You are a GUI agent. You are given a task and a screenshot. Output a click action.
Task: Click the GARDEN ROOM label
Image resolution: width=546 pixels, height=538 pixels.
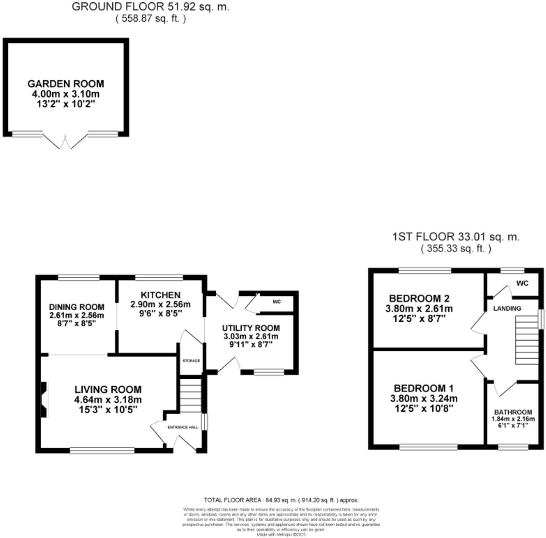click(66, 84)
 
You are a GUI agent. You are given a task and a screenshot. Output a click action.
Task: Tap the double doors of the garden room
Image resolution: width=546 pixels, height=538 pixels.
click(65, 141)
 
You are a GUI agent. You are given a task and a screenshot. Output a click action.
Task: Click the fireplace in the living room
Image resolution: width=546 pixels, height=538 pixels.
click(44, 399)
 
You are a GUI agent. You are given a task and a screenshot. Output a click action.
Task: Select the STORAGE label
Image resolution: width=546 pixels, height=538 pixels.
click(191, 361)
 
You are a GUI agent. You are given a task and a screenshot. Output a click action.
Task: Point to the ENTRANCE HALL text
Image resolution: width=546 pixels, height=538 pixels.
click(183, 427)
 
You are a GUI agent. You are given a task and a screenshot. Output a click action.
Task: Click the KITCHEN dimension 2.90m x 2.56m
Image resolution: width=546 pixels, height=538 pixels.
click(160, 304)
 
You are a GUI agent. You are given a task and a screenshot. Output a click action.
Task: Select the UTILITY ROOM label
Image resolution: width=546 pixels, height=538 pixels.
click(251, 328)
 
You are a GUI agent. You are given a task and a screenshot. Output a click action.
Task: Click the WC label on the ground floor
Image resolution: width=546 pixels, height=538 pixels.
click(277, 302)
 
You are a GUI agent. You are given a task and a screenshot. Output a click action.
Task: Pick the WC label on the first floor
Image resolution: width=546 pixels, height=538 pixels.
click(522, 283)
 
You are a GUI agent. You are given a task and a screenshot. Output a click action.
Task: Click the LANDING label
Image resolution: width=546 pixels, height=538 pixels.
click(507, 308)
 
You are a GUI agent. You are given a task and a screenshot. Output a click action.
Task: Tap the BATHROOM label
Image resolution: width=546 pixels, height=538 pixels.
click(513, 412)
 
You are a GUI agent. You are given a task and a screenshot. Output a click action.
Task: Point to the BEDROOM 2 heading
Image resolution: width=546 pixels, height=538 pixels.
click(419, 298)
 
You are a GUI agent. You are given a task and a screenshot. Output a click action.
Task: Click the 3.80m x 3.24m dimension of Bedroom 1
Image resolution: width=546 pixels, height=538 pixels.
click(424, 398)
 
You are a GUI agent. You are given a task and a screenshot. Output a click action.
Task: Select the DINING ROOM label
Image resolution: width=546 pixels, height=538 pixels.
click(77, 307)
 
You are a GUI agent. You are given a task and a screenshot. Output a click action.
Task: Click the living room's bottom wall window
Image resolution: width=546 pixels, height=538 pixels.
click(102, 450)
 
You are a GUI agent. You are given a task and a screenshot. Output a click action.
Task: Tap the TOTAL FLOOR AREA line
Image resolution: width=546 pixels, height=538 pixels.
click(281, 500)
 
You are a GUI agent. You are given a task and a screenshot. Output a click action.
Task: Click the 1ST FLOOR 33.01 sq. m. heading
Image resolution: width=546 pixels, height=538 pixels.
click(456, 237)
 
